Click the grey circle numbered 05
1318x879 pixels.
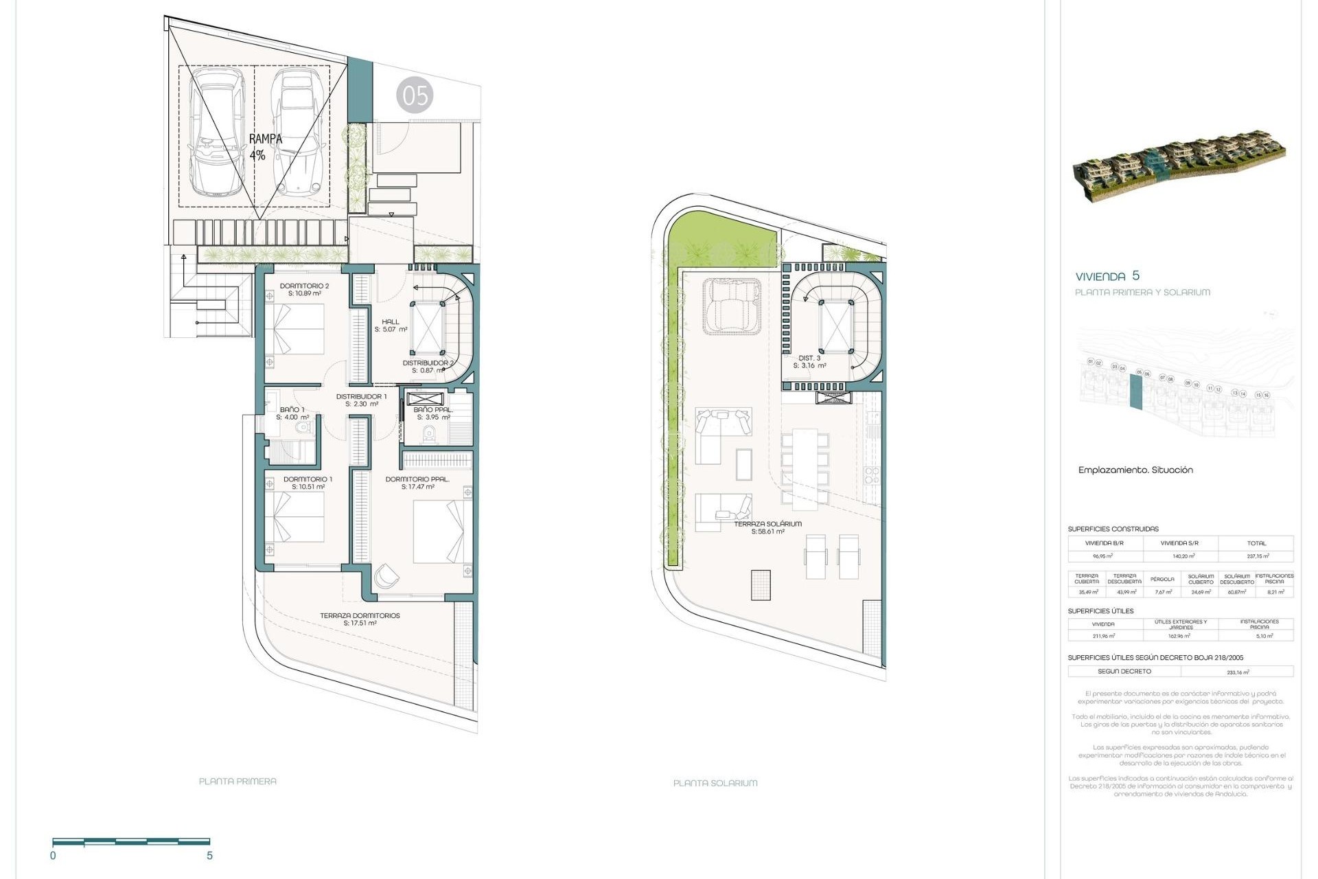[415, 95]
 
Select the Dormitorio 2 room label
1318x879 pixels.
[304, 289]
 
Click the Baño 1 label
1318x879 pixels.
[292, 413]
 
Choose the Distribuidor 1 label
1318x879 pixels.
[361, 400]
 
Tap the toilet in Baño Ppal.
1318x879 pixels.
[430, 433]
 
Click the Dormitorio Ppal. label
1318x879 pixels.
[417, 483]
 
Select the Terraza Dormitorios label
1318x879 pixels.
[360, 619]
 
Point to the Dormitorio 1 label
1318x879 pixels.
[308, 483]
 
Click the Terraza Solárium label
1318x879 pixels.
[767, 527]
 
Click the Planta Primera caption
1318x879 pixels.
[238, 781]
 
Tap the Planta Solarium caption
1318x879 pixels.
[715, 783]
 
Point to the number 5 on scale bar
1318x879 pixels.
[210, 856]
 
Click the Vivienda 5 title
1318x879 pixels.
[1107, 276]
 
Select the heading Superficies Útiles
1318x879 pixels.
[1100, 610]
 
